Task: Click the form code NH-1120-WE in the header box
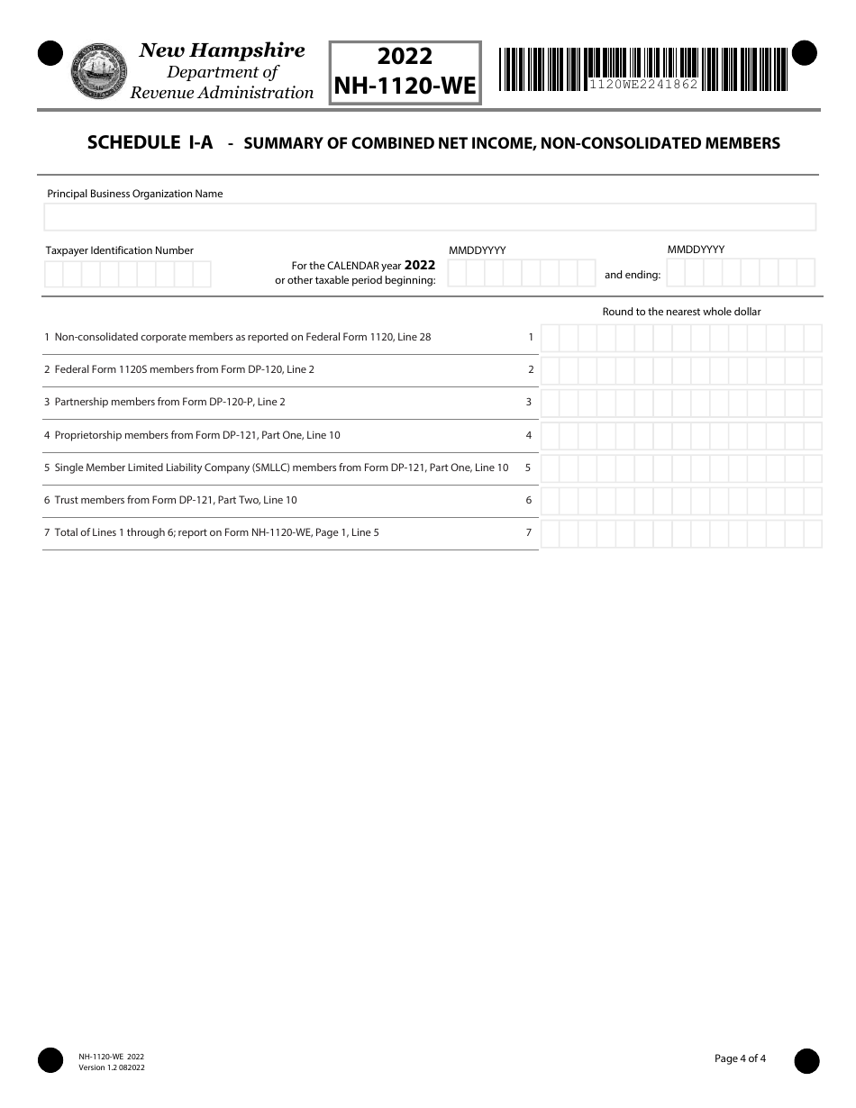(405, 86)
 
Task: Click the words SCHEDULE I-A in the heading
(150, 142)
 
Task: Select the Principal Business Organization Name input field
(430, 217)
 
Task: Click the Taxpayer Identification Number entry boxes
(127, 274)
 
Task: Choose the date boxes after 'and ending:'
(741, 273)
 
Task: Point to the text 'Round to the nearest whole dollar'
(681, 312)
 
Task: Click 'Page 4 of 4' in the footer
(740, 1058)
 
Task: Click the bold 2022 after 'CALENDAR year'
(420, 266)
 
